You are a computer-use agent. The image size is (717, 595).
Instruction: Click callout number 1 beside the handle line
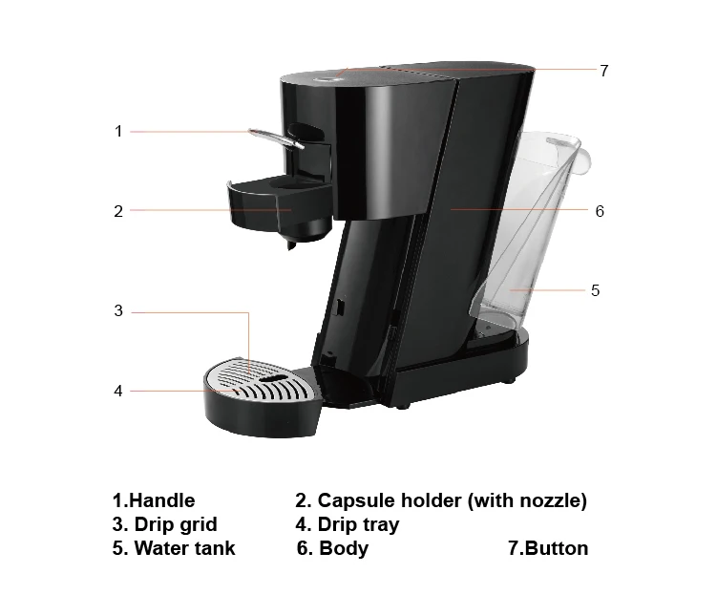pyautogui.click(x=118, y=131)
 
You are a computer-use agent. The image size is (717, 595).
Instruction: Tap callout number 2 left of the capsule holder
pyautogui.click(x=118, y=211)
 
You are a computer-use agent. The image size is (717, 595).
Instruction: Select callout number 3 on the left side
pyautogui.click(x=118, y=311)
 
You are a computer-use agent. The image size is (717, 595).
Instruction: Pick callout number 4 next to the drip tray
pyautogui.click(x=118, y=391)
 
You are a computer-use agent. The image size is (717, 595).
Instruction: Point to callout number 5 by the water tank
pyautogui.click(x=595, y=290)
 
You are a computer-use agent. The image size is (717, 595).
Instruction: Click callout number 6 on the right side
pyautogui.click(x=600, y=211)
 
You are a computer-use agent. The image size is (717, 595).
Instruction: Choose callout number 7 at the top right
pyautogui.click(x=604, y=71)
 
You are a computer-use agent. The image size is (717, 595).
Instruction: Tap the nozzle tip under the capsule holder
pyautogui.click(x=291, y=246)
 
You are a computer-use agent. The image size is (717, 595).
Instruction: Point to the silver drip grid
pyautogui.click(x=261, y=379)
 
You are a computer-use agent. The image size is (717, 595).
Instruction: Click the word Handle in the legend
pyautogui.click(x=162, y=500)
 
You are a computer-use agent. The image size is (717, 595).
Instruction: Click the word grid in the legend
pyautogui.click(x=198, y=525)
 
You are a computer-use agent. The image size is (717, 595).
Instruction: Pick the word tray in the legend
pyautogui.click(x=379, y=525)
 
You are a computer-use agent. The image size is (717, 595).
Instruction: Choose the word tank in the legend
pyautogui.click(x=215, y=548)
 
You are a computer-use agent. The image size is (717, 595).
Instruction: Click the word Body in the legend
pyautogui.click(x=344, y=549)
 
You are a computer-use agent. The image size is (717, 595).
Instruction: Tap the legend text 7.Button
pyautogui.click(x=548, y=548)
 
